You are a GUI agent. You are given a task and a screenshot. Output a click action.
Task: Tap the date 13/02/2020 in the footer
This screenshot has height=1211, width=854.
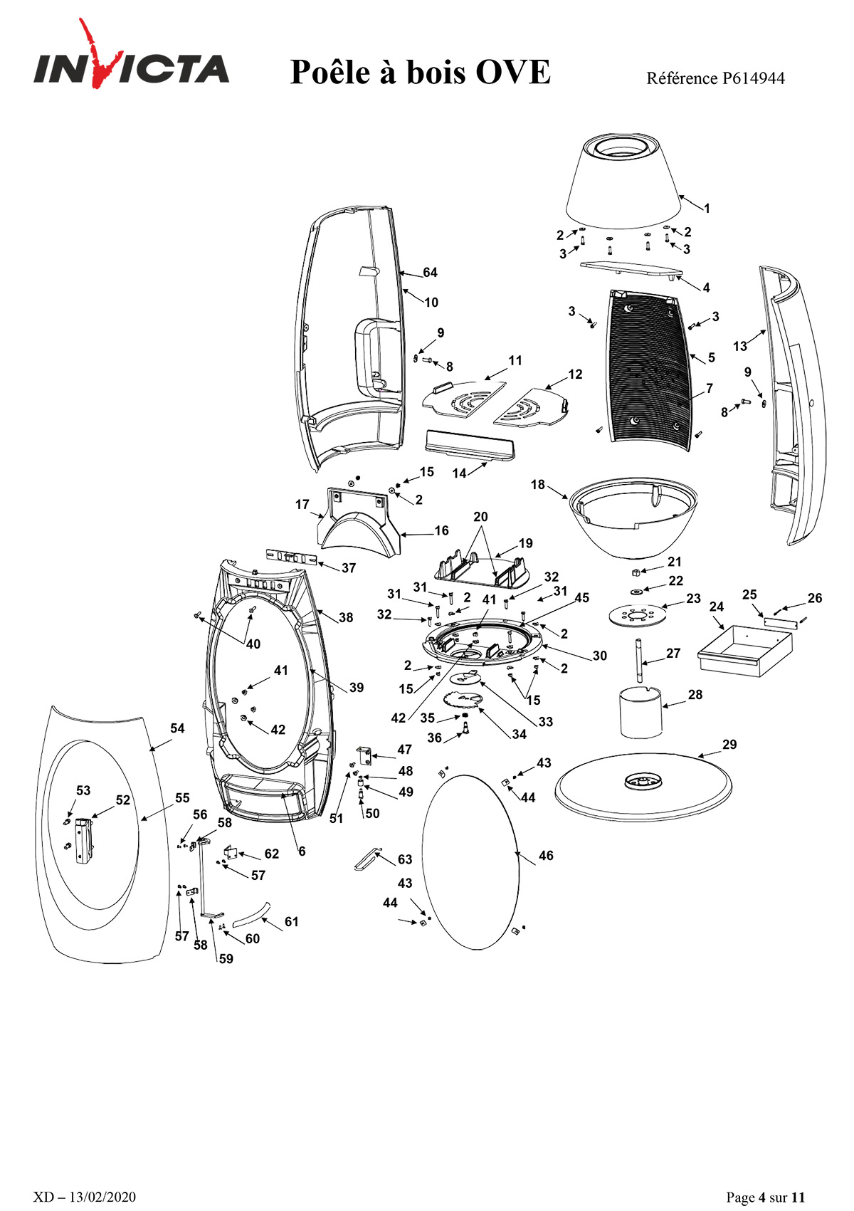(102, 1197)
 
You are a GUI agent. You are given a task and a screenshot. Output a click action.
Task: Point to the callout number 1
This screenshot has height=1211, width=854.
(707, 208)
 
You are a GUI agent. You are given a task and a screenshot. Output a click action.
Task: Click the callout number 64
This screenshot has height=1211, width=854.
(430, 273)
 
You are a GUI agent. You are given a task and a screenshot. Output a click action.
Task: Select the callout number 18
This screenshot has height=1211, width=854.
(538, 484)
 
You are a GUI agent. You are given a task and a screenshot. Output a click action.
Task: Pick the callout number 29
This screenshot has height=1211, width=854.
(729, 745)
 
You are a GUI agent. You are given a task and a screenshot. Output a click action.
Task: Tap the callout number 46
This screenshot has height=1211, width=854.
(546, 855)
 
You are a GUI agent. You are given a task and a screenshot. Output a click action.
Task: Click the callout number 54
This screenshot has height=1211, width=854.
(177, 728)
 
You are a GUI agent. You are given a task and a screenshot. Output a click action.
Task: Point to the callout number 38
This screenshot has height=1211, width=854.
(346, 617)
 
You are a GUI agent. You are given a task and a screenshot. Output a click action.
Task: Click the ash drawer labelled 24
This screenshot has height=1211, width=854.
(745, 651)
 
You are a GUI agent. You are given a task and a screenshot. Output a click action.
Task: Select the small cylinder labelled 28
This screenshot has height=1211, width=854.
(641, 711)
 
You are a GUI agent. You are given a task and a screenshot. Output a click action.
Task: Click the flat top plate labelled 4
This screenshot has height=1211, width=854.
(631, 269)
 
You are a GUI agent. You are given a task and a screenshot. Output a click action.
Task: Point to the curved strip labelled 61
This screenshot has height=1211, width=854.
(251, 916)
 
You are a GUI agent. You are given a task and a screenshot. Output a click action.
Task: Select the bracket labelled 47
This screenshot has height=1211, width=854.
(364, 756)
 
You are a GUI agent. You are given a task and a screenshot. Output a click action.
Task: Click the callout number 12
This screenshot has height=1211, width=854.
(575, 374)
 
